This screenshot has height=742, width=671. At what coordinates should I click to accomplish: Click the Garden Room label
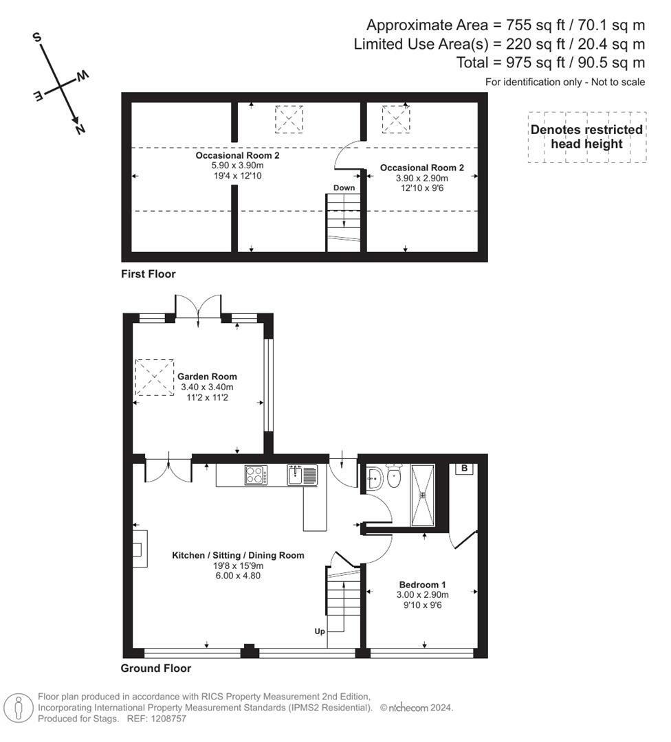tap(207, 376)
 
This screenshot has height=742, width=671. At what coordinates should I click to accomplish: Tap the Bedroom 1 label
tap(422, 585)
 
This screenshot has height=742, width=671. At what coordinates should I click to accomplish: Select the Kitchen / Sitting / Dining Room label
tap(238, 555)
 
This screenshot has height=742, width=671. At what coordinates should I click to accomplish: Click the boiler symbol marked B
tap(465, 469)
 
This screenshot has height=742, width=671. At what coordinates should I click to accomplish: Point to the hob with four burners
tap(256, 475)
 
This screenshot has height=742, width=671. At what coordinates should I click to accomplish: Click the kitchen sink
tap(302, 475)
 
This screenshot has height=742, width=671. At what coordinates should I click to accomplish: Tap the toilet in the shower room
tap(394, 476)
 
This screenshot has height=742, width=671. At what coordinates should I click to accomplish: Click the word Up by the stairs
tap(320, 631)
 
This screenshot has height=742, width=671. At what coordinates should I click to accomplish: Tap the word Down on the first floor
tap(344, 188)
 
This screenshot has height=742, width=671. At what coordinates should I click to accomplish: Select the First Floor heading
tap(148, 274)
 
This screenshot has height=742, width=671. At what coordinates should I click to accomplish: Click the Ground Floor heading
tap(156, 668)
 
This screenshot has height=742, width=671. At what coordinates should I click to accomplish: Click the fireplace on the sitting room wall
tap(140, 548)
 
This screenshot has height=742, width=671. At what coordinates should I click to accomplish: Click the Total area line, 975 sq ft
tap(551, 63)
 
